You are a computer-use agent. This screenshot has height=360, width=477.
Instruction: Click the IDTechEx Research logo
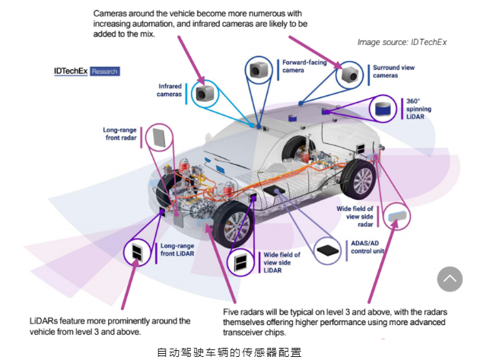(x=86, y=71)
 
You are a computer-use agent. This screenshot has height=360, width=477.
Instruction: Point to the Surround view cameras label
(x=394, y=72)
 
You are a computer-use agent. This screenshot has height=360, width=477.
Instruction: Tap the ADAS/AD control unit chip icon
(x=328, y=249)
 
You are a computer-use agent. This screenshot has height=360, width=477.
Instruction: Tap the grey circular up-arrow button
(x=450, y=279)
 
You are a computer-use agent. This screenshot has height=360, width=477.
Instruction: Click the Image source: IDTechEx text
(x=402, y=42)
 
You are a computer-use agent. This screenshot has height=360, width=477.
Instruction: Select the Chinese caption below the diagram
(x=229, y=352)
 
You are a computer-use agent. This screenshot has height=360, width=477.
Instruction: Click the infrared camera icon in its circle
(x=204, y=94)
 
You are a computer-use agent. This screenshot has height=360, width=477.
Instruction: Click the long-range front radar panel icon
(x=158, y=139)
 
